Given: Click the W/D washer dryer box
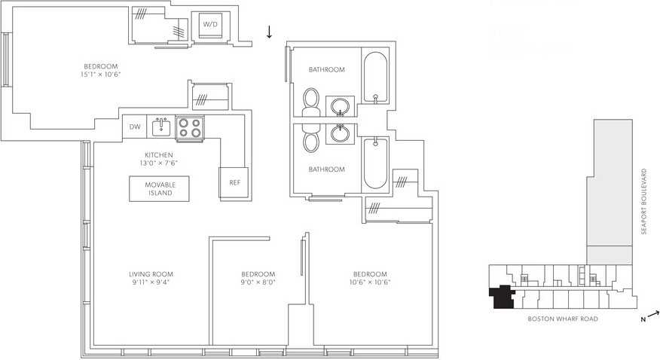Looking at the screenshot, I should [x=209, y=25].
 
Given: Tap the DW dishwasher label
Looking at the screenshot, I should [x=135, y=127].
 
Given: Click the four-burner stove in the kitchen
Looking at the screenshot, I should [x=189, y=128].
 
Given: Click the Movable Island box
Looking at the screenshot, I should [x=160, y=188].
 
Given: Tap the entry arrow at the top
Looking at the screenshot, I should [x=269, y=32].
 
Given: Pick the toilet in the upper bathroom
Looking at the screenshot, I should [x=310, y=100].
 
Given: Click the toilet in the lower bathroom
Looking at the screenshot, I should [x=310, y=141].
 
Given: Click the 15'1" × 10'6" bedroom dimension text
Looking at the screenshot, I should [x=100, y=75].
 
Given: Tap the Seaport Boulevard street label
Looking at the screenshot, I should [x=644, y=201].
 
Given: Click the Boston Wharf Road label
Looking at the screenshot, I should [x=563, y=319].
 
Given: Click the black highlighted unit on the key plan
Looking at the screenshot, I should [x=500, y=298].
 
